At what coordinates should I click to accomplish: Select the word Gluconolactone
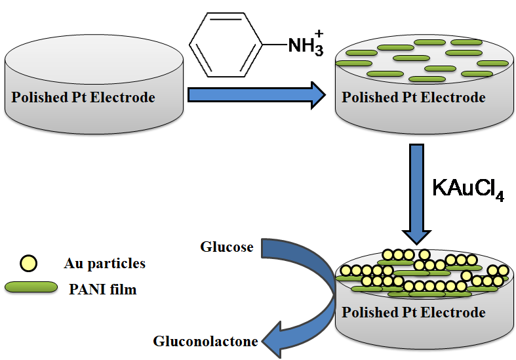[x=205, y=341]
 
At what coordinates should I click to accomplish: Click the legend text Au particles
[x=105, y=264]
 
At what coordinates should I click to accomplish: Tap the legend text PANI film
[x=103, y=289]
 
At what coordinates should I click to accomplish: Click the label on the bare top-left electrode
[x=83, y=98]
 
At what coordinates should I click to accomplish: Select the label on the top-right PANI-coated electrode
[x=414, y=98]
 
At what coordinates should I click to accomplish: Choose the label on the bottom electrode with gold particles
[x=414, y=312]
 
